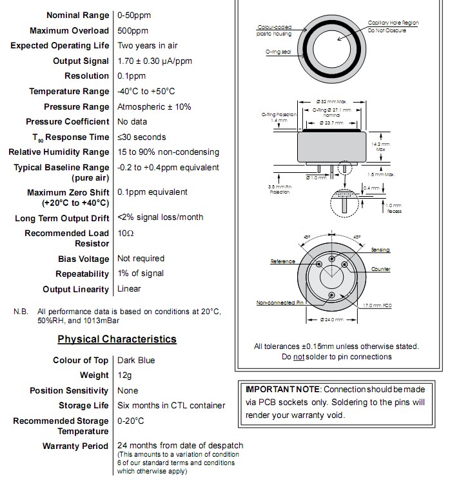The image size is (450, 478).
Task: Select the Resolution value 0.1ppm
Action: point(132,76)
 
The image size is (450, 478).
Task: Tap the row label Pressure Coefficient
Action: point(68,122)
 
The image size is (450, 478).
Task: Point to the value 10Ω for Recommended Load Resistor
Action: point(126,233)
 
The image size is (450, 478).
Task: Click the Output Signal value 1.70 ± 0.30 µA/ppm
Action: point(155,61)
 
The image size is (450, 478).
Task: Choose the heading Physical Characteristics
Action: point(117,339)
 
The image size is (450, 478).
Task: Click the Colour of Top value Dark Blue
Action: point(136,360)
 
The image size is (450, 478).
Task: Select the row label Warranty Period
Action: point(76,446)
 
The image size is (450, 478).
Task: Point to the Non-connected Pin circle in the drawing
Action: point(332,294)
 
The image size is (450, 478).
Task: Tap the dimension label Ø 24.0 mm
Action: point(333,320)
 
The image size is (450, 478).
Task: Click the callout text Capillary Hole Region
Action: point(393,23)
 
